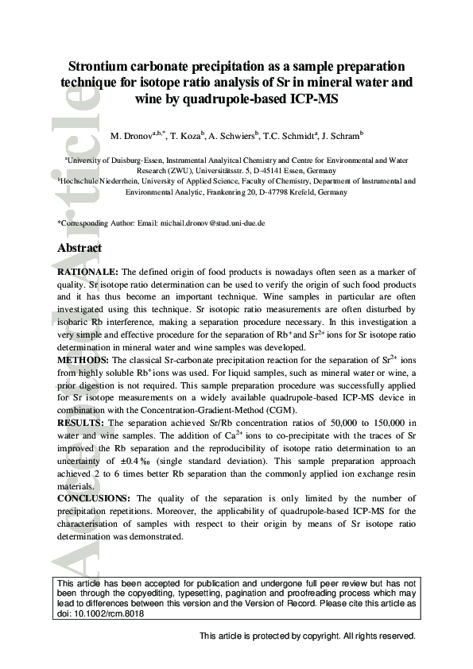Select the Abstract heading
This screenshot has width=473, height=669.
point(79,249)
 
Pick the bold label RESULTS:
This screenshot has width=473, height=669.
point(81,423)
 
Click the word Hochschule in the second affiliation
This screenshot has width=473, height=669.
point(83,181)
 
